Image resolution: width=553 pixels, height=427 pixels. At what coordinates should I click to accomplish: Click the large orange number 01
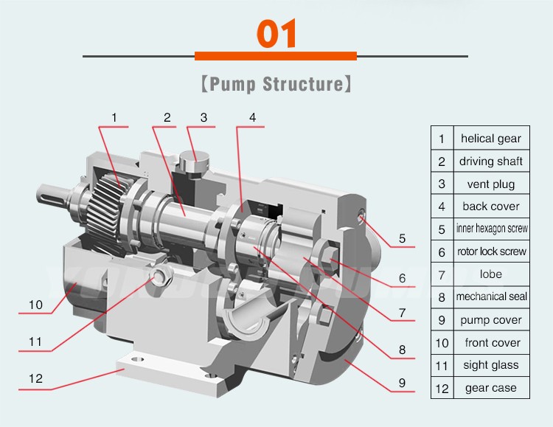tap(276, 33)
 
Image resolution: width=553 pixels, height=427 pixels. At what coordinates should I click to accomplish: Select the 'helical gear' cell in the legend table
tap(490, 138)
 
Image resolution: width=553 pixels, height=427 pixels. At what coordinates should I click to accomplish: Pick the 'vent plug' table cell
tap(490, 184)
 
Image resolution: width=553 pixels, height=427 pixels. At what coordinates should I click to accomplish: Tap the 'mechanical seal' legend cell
tap(490, 296)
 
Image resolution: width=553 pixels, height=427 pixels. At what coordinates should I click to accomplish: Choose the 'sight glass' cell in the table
tap(490, 365)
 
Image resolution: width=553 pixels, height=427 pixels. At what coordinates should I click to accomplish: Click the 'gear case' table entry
tap(490, 388)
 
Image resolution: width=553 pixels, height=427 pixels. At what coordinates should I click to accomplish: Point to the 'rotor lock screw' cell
tap(490, 251)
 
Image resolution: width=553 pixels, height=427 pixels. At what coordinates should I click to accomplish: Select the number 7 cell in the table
tap(441, 274)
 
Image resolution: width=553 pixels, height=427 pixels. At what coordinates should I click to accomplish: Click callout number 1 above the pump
tap(114, 117)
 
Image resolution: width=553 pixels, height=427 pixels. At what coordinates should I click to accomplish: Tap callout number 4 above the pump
tap(252, 117)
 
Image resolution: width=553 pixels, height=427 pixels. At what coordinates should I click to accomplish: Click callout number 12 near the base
tap(35, 379)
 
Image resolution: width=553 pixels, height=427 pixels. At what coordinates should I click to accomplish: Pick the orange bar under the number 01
tap(275, 56)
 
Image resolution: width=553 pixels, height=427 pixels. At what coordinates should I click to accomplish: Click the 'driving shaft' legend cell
tap(490, 161)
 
